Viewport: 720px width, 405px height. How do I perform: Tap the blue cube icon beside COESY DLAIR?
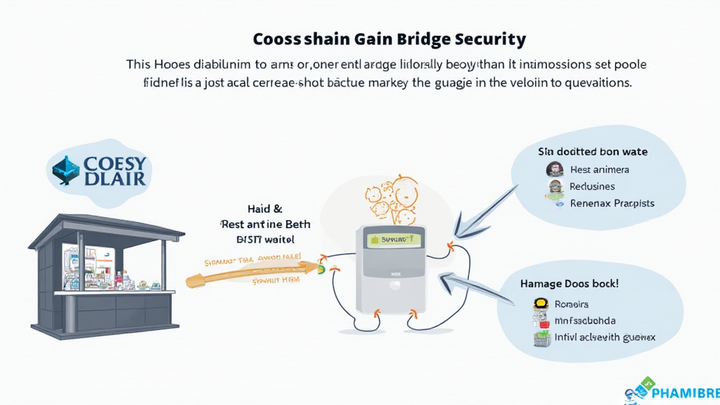pos(67,169)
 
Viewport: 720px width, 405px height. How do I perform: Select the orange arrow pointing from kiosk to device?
pos(253,272)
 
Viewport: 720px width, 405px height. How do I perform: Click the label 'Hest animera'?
pos(600,169)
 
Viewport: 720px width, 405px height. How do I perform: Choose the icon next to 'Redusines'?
pos(555,186)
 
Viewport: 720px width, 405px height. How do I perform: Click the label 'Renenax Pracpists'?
pos(612,203)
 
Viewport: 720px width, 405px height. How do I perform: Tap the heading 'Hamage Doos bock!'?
pos(579,284)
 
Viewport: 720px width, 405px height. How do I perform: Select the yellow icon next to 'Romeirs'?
pos(540,304)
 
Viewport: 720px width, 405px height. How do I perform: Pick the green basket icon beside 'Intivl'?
pos(540,338)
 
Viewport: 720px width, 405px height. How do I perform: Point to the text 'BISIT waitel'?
pos(266,239)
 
